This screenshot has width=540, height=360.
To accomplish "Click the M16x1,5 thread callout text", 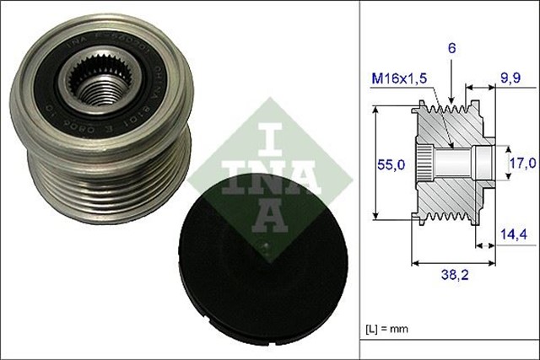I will (x=402, y=78).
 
